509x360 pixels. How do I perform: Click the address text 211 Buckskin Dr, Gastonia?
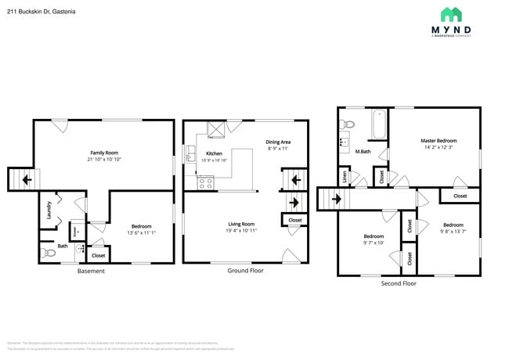coord(36,11)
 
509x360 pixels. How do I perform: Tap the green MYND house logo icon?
coord(450,14)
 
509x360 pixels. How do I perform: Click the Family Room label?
coord(104,152)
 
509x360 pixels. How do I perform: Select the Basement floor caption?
coord(91,271)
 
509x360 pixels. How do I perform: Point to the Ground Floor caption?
coord(246,270)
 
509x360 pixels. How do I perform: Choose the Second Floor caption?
coord(399,283)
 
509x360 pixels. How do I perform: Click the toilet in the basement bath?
coord(46,252)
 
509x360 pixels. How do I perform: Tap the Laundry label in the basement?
coord(49,208)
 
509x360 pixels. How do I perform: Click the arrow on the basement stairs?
coord(27,180)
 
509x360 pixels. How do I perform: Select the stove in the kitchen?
coord(206,184)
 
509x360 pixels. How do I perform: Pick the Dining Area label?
coord(278,142)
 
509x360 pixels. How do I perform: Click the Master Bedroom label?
coord(438,140)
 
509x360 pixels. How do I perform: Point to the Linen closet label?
coord(345,178)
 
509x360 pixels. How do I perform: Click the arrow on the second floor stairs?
coord(335,199)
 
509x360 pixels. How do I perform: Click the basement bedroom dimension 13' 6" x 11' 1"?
coord(142,232)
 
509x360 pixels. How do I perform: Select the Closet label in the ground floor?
coord(295,221)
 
